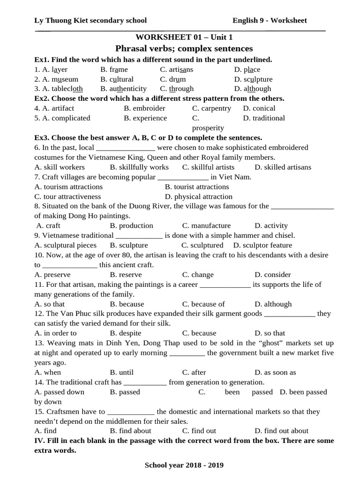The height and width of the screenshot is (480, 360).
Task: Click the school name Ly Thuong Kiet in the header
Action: tap(90, 20)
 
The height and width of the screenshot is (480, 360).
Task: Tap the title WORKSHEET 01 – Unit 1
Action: tap(184, 37)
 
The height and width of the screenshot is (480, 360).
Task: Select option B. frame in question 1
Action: tap(114, 69)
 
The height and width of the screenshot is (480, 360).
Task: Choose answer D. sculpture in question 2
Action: tap(253, 79)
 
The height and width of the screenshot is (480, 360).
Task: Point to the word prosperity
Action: tap(208, 128)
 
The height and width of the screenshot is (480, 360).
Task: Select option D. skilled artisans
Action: tap(283, 167)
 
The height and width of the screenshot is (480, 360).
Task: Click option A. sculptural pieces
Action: tap(66, 245)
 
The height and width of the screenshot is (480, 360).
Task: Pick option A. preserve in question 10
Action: tap(52, 275)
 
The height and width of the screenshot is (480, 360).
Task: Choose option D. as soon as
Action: tap(275, 372)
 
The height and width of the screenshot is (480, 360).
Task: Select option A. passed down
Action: tap(60, 392)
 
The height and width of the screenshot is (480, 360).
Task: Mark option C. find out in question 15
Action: tap(199, 431)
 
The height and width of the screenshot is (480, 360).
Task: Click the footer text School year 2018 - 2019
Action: tap(184, 465)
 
